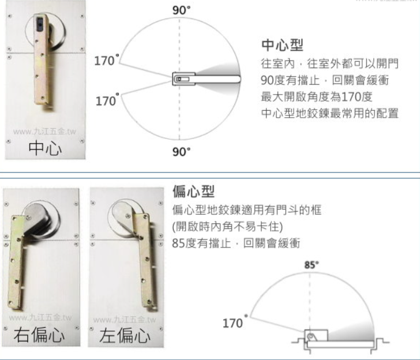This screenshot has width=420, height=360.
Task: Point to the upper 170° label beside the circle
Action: (106, 60)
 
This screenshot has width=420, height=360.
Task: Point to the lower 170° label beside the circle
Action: (106, 100)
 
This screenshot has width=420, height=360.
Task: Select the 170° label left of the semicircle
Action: (234, 323)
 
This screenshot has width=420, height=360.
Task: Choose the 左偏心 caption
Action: (124, 336)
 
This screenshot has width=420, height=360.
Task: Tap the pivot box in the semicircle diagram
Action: (314, 336)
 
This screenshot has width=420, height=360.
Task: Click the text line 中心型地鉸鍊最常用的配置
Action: (330, 112)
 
